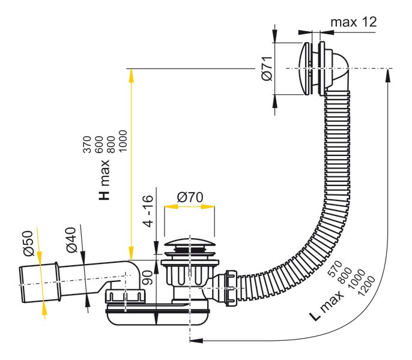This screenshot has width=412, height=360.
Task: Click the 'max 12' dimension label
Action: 353,22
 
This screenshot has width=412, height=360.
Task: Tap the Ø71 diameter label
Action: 267,68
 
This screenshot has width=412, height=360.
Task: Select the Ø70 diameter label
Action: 190,197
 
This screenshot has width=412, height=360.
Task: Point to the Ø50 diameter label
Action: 28,243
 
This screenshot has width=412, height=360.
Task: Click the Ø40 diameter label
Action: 71,240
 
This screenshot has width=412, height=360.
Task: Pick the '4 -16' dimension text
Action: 148,211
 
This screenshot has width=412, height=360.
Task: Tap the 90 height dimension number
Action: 147,278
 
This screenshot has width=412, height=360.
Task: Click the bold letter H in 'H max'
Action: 104,194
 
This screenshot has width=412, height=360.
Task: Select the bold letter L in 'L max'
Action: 315,316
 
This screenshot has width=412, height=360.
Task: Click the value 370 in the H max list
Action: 87,145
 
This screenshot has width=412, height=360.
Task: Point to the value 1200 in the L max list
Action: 366,286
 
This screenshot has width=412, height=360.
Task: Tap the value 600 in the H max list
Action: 98,145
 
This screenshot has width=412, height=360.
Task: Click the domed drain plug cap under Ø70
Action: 189,242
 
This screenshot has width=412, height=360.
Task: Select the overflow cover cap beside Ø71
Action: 304,69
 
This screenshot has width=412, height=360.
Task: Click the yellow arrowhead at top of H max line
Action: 131,76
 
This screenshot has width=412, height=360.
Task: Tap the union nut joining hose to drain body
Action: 231,288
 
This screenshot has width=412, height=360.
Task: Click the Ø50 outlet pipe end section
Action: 40,284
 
